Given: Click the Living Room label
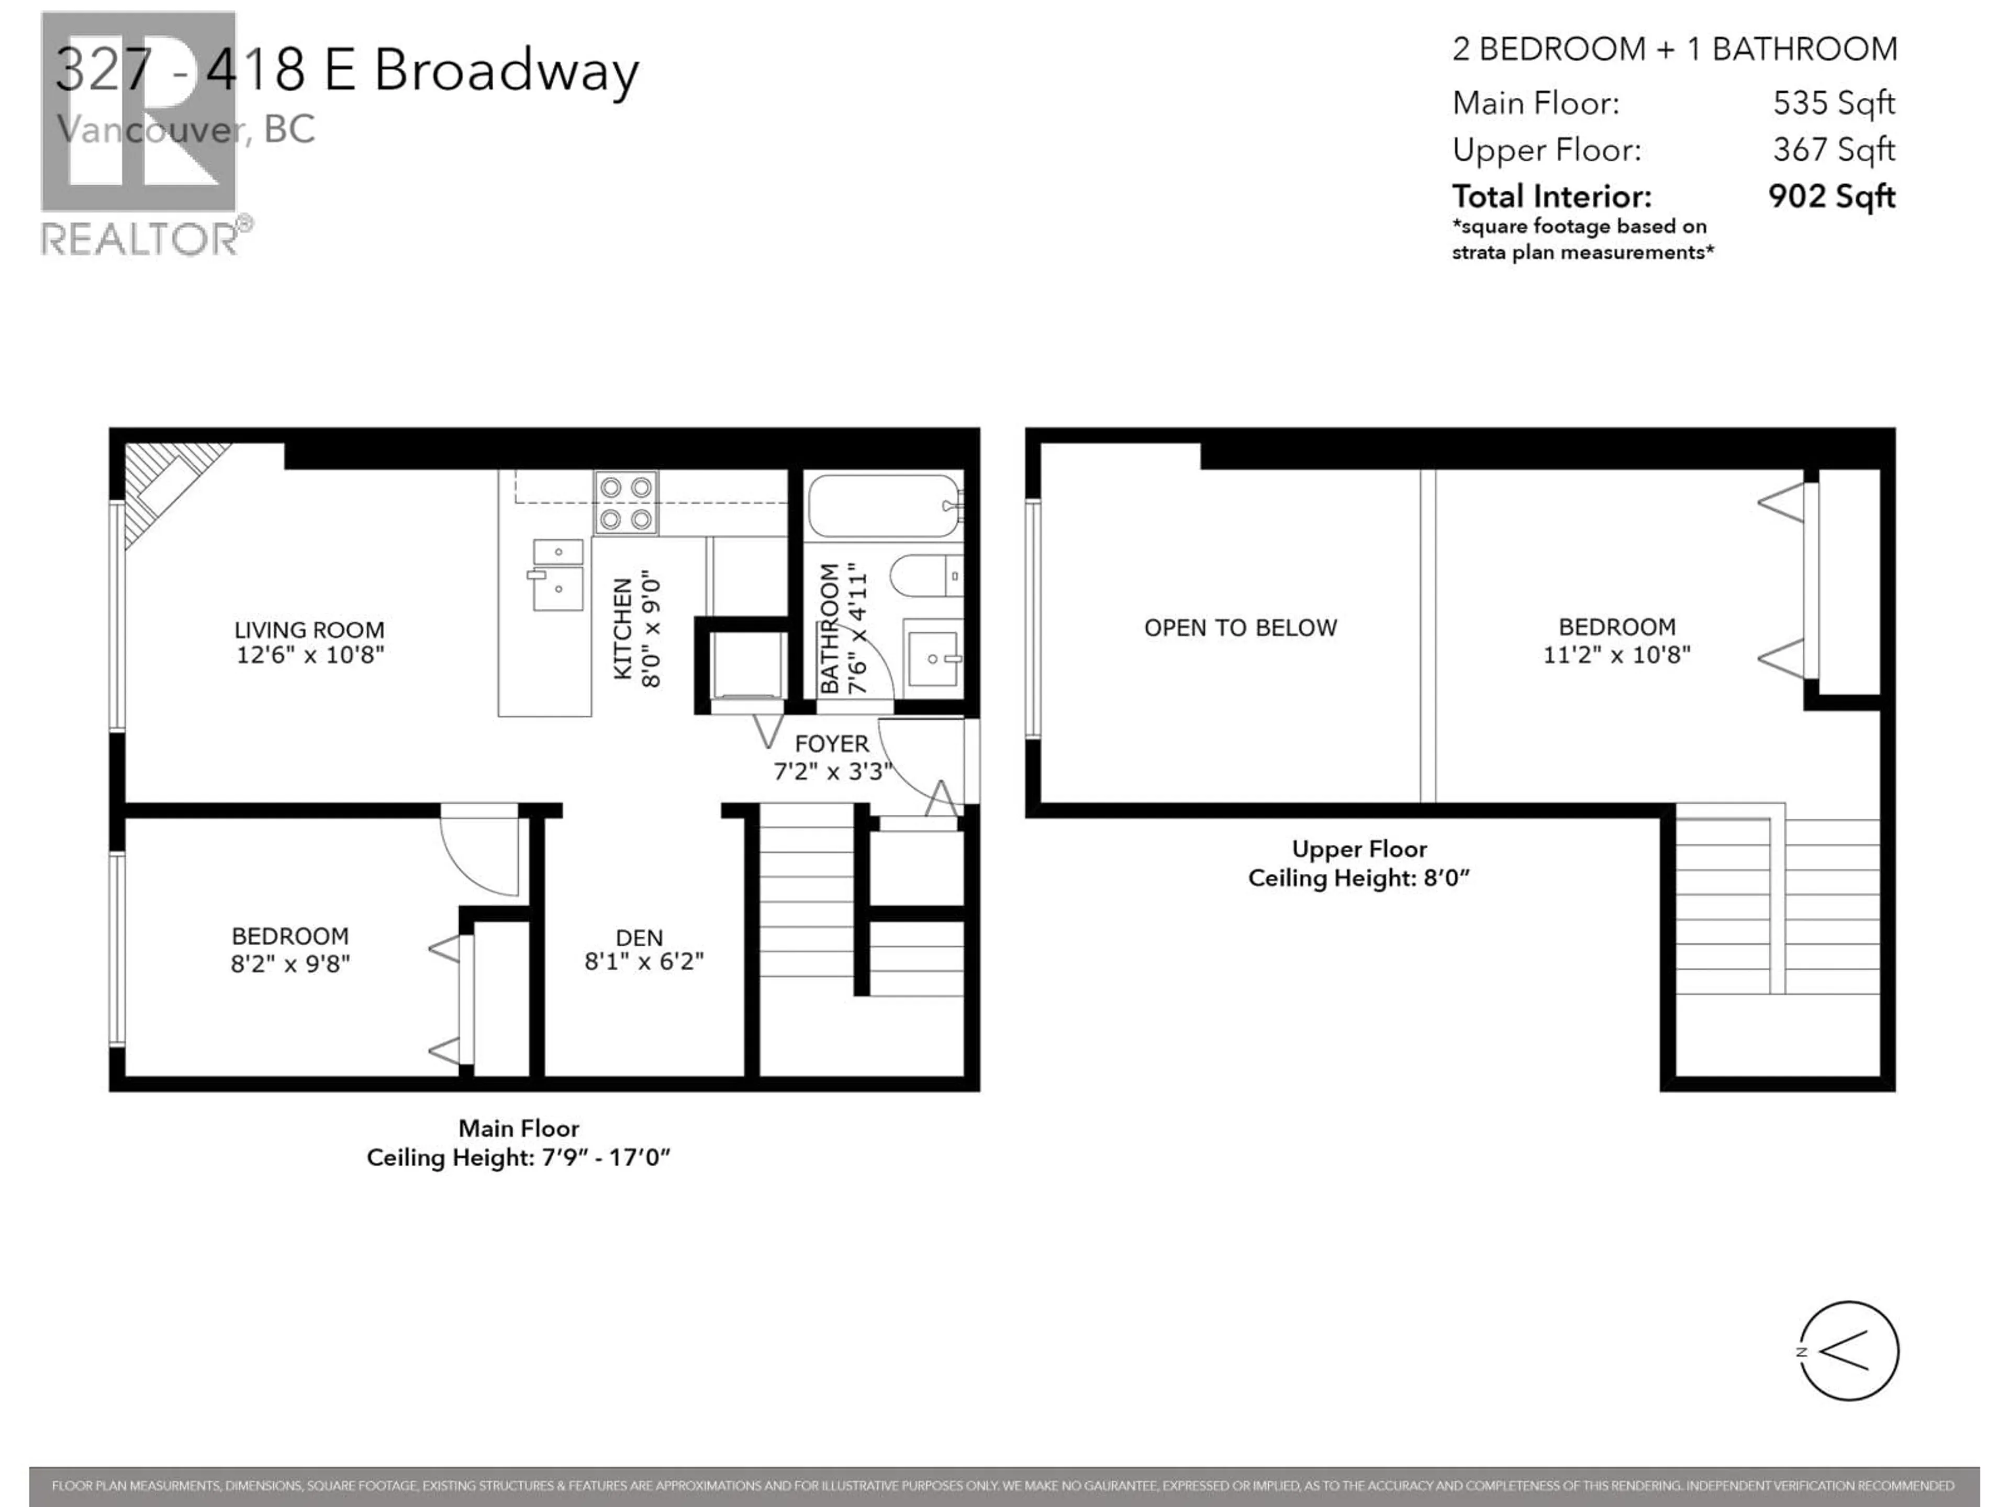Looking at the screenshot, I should pyautogui.click(x=309, y=629).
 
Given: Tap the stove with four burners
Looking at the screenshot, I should pyautogui.click(x=626, y=502).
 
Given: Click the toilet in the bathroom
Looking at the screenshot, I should pyautogui.click(x=925, y=576).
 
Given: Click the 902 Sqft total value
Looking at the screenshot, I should pyautogui.click(x=1831, y=196).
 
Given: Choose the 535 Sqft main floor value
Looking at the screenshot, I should pyautogui.click(x=1833, y=103).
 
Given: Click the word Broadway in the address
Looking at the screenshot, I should pyautogui.click(x=506, y=70).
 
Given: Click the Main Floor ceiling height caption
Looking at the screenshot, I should pyautogui.click(x=518, y=1157).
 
